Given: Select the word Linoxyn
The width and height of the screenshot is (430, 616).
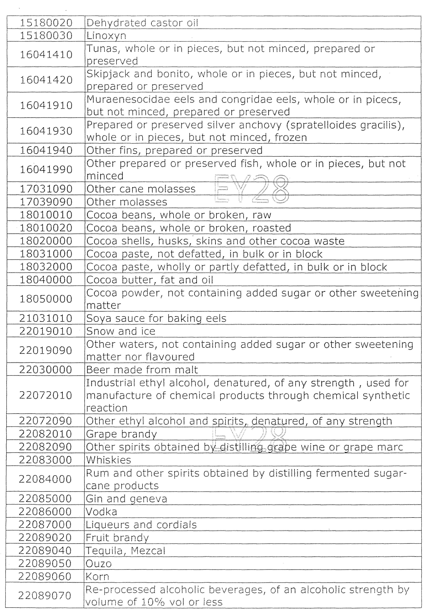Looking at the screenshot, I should [106, 36].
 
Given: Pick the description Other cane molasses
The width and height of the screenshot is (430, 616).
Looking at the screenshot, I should [141, 189].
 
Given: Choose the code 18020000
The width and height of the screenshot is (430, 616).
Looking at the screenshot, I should [46, 241].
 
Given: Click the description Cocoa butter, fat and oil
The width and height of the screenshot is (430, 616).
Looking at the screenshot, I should [150, 280].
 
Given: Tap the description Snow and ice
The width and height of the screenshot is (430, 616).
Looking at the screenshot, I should [121, 331].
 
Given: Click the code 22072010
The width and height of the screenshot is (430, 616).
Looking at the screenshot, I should [46, 395].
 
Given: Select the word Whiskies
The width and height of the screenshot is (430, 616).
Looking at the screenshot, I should [108, 460].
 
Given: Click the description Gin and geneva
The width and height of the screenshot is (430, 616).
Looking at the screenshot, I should [126, 499].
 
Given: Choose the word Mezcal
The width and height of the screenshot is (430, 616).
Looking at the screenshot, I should [148, 551].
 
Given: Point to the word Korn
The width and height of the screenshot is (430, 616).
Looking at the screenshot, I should [97, 577].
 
